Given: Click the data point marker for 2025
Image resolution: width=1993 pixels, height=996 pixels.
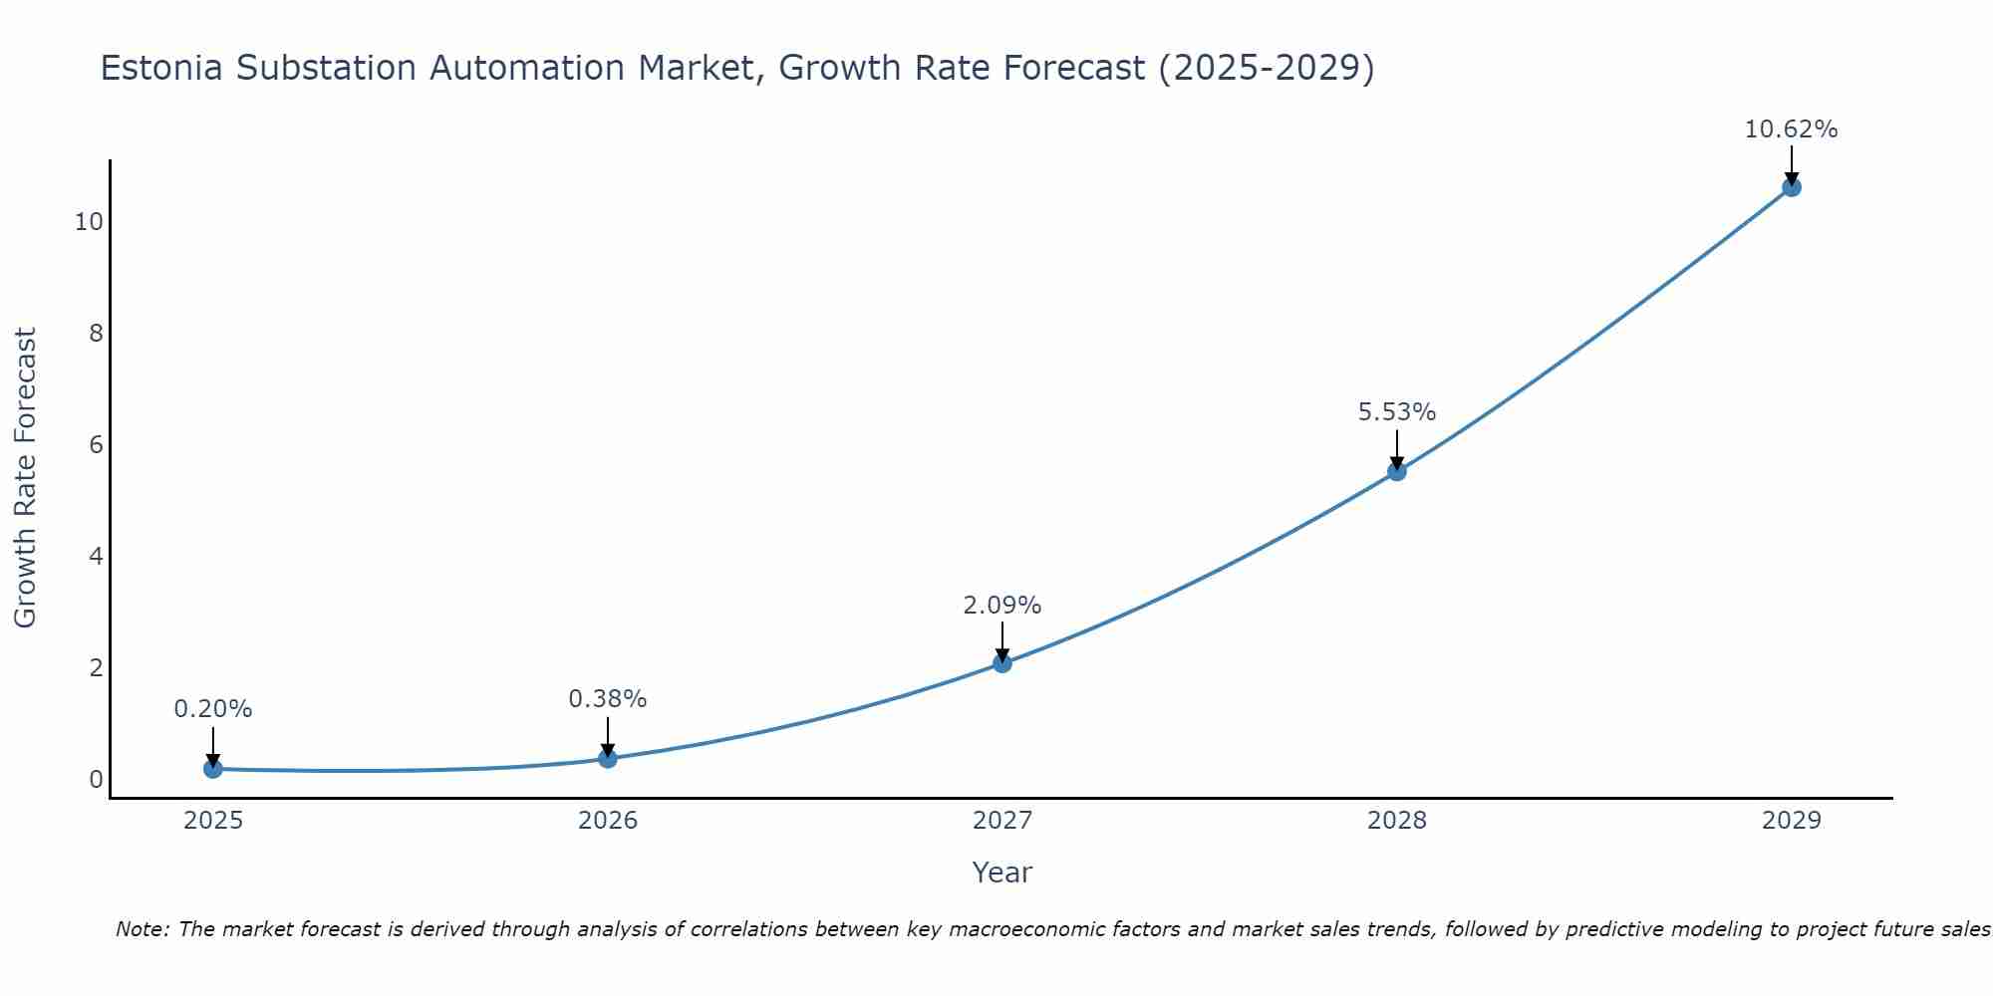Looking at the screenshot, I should (212, 769).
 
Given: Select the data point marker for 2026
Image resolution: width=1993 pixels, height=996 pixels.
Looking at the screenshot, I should (608, 759).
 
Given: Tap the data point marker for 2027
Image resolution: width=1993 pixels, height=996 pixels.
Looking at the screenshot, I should (1002, 663).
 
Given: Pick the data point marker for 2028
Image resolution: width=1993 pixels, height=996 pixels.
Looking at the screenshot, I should (1397, 471).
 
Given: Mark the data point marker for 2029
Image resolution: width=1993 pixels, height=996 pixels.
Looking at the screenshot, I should (1792, 187).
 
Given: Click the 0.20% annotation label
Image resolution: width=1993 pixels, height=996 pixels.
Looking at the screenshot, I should (212, 709).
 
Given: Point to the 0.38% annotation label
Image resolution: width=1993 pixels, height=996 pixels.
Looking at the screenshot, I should (608, 699).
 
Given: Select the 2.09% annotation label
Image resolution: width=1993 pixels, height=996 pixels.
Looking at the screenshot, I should (1002, 605).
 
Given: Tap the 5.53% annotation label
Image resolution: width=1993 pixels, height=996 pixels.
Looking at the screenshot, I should (1397, 412).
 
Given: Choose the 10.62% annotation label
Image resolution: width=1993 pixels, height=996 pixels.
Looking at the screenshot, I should (1791, 129).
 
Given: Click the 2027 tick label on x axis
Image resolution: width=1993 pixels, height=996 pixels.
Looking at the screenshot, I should (1002, 821).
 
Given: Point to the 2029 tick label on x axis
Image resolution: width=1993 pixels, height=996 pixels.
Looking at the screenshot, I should (1791, 821).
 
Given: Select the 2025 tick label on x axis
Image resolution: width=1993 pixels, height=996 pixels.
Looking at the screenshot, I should (213, 821).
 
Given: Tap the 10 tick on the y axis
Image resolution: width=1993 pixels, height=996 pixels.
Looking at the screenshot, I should (89, 221).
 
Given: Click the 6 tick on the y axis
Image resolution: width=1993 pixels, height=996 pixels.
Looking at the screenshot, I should (97, 444).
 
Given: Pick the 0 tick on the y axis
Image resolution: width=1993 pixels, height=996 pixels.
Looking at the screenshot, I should (97, 779).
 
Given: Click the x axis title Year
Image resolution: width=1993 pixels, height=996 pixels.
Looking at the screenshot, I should (1001, 872).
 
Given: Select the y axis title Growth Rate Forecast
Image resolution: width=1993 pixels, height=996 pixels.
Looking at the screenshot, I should (25, 477).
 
